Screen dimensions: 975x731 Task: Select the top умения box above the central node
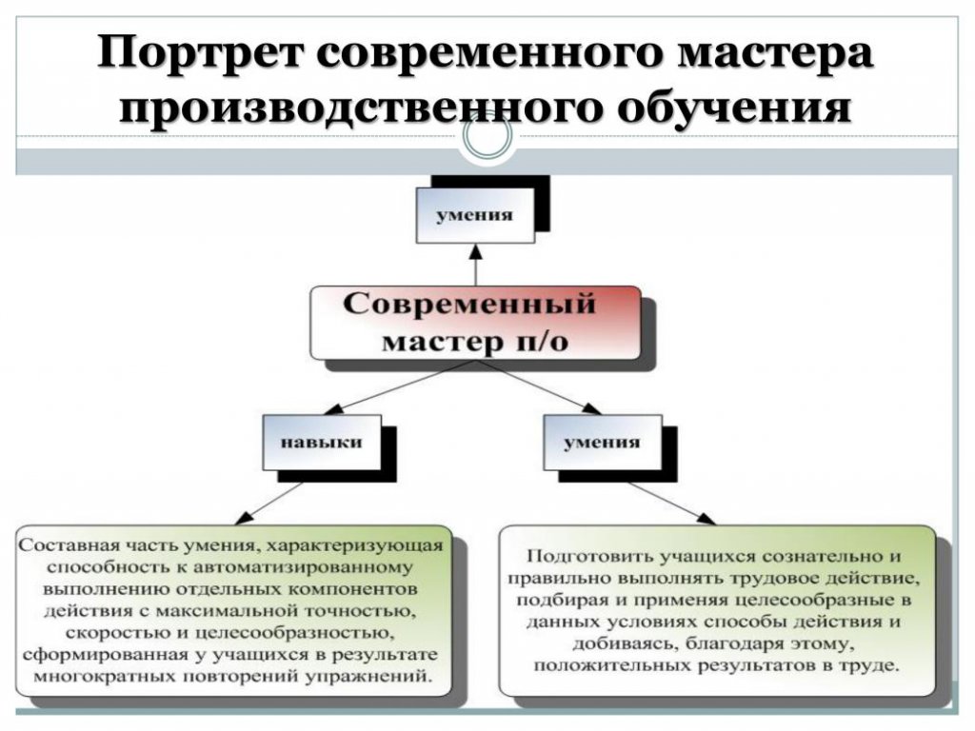pyautogui.click(x=475, y=215)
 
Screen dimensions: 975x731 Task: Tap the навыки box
pyautogui.click(x=322, y=442)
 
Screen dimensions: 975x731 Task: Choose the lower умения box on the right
pyautogui.click(x=602, y=442)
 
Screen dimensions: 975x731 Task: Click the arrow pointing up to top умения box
pyautogui.click(x=476, y=265)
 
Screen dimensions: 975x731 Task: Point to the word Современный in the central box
pyautogui.click(x=469, y=304)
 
